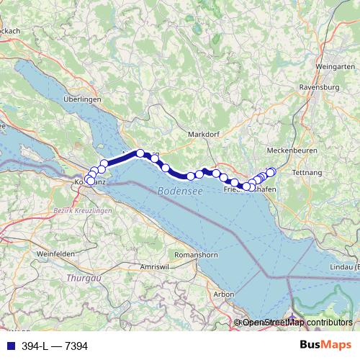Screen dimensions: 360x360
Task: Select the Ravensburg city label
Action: (324, 91)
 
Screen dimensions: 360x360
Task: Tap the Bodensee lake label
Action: (176, 192)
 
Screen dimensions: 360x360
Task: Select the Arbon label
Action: (225, 294)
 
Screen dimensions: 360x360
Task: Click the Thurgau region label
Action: (81, 276)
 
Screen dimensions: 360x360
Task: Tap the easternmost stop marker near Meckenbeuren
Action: (271, 171)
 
